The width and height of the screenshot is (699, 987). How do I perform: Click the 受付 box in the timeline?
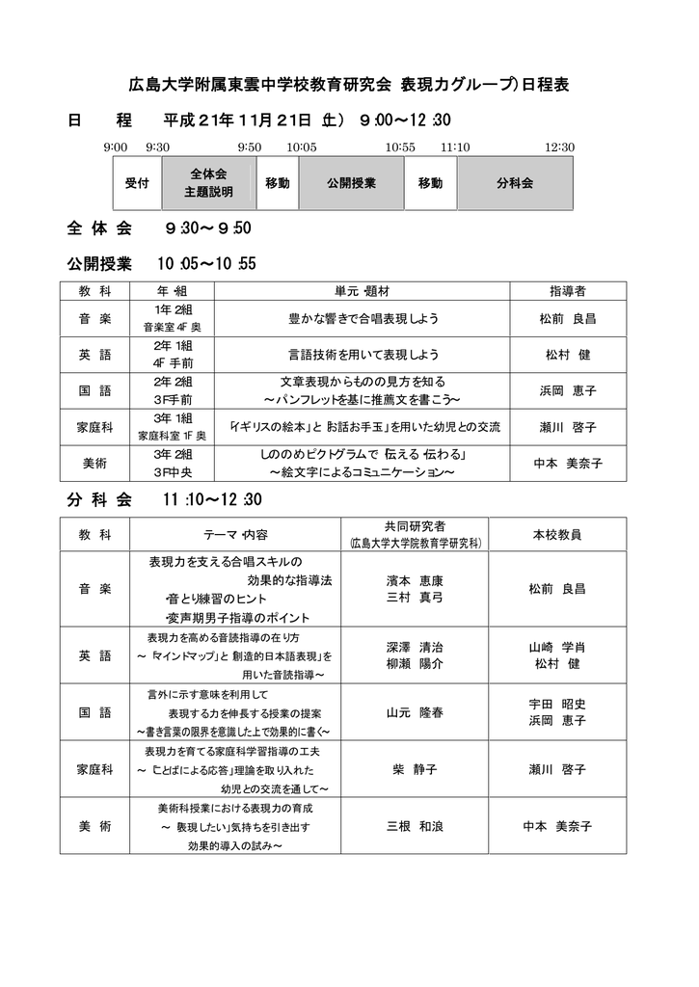(x=137, y=183)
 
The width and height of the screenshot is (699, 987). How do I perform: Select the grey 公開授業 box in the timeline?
(x=351, y=183)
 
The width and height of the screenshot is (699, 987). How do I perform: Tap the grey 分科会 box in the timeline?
(x=515, y=183)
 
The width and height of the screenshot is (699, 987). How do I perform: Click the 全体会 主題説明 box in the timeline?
(x=208, y=183)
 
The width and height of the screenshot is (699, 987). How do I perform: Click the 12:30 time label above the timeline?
(x=559, y=147)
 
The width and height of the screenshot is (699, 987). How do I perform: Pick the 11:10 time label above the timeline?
(x=455, y=147)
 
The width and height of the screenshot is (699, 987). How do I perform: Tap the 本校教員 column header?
(x=556, y=533)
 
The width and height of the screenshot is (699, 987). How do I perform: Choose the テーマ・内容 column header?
(x=235, y=533)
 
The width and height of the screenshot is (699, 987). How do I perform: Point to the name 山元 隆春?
(x=415, y=713)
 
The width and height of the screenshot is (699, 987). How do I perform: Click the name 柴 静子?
(x=415, y=769)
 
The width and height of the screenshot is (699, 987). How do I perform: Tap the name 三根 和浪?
(x=415, y=826)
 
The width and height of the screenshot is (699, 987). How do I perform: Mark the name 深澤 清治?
(x=415, y=648)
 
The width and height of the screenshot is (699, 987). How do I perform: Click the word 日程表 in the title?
(x=545, y=85)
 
